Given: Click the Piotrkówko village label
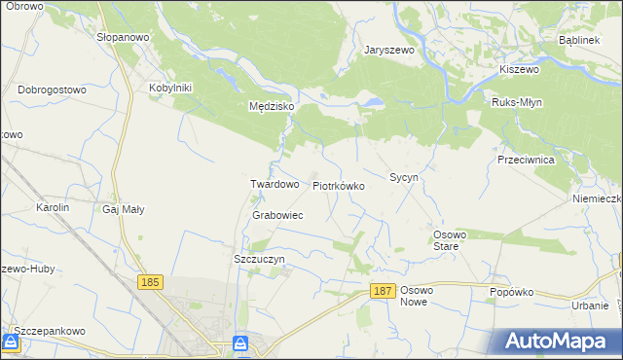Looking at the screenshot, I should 338,185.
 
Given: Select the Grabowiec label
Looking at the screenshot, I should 277,215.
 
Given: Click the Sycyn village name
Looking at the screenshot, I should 404,178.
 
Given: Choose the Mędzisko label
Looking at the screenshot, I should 265,107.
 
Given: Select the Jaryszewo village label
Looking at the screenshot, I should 389,50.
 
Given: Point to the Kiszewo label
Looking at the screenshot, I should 519,70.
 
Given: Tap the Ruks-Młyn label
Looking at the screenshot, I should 517,102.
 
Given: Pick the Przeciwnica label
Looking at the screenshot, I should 525,160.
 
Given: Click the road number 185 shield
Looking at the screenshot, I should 149,282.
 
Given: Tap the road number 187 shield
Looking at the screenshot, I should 383,291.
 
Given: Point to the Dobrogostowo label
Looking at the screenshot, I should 53,90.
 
